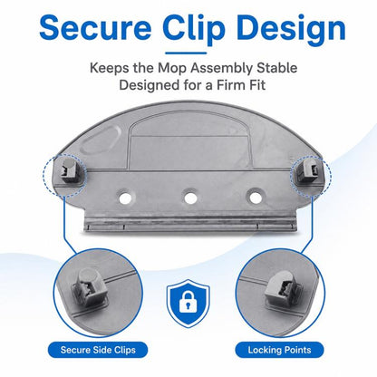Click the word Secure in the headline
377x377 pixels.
coord(95,27)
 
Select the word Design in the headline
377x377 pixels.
coord(291,29)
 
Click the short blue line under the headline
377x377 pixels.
coord(186,53)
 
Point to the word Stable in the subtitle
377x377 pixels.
coord(277,68)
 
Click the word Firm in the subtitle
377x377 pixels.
coord(230,85)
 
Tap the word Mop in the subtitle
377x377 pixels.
coord(172,68)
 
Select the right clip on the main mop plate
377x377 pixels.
coord(306,172)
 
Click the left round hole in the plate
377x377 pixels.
coord(125,198)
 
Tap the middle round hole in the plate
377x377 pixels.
coord(190,198)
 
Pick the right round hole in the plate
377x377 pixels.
coord(256,198)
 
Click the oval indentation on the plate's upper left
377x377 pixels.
coord(101,141)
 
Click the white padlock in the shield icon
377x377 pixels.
coord(188,302)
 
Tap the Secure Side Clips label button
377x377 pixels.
coord(98,350)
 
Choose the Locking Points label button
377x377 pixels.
coord(279,350)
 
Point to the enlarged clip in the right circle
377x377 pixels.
coord(283,288)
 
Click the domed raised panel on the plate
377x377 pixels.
coord(188,141)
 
